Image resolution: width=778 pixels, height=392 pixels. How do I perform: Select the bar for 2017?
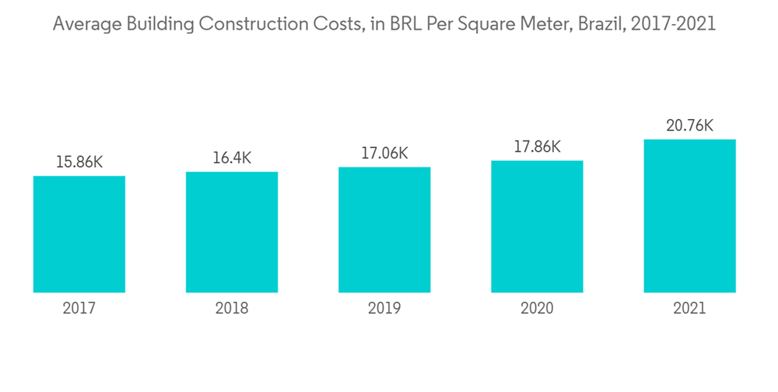[x=79, y=234]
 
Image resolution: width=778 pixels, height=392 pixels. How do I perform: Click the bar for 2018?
[x=232, y=232]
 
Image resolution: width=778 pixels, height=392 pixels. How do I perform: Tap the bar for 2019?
[x=384, y=229]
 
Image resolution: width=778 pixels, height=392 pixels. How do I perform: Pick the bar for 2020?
[x=537, y=226]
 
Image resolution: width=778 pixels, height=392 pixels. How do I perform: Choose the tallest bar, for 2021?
[x=689, y=216]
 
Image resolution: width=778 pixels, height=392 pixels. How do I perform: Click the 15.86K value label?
[x=79, y=163]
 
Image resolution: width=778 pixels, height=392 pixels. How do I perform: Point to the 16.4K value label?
[x=232, y=158]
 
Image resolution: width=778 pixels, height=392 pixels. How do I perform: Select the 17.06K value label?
[x=384, y=153]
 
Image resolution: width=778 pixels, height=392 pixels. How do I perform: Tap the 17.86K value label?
[x=537, y=147]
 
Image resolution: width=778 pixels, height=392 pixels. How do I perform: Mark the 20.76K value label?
[x=689, y=125]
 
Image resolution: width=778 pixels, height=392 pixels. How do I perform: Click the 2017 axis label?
[x=79, y=309]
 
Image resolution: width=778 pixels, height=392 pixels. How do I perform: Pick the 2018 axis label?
[x=232, y=309]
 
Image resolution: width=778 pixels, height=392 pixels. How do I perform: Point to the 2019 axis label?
[x=384, y=309]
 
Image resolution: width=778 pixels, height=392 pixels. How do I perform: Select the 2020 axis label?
[x=537, y=309]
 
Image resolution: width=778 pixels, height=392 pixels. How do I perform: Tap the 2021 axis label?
[x=689, y=309]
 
